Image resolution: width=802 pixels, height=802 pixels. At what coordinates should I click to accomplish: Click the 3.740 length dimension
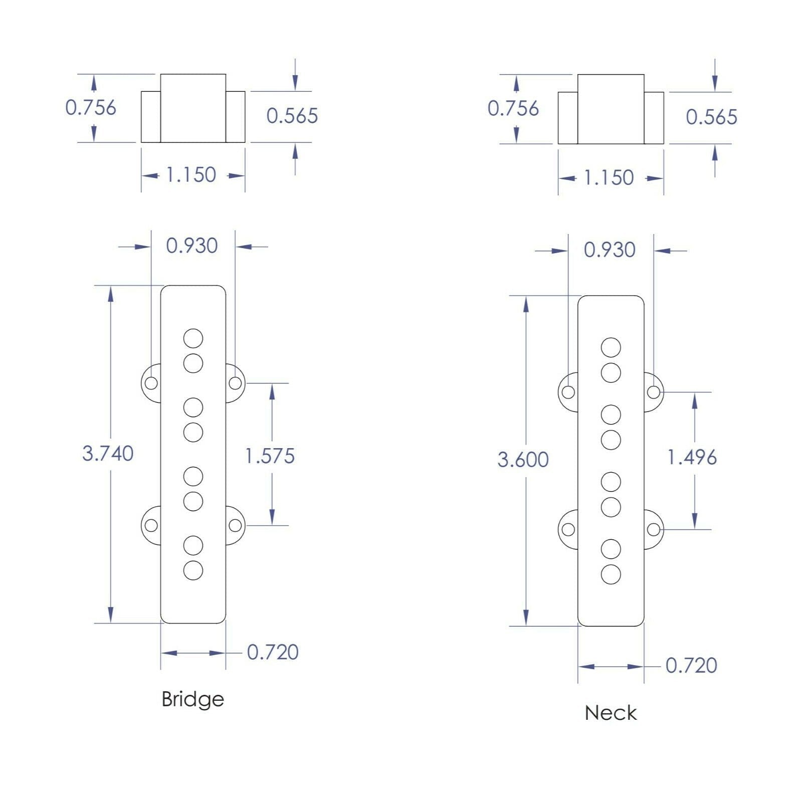click(108, 454)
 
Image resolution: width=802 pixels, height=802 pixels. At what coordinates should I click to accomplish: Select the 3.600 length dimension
click(523, 460)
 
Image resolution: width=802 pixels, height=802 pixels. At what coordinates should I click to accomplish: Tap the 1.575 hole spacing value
click(270, 456)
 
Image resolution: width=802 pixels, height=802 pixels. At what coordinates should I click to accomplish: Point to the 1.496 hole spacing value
click(692, 457)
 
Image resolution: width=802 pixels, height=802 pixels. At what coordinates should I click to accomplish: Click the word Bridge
click(192, 699)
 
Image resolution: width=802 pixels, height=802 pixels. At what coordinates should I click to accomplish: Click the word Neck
click(611, 713)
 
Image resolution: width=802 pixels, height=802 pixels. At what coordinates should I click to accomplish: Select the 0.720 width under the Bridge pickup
click(273, 652)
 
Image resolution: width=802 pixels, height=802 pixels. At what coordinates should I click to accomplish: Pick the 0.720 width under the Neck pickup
click(691, 666)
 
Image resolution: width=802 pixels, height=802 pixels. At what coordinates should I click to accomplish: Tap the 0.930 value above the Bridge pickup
click(192, 246)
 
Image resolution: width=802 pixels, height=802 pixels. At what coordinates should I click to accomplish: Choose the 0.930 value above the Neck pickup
click(610, 250)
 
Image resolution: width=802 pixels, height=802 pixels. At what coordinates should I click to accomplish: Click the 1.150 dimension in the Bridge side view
click(191, 175)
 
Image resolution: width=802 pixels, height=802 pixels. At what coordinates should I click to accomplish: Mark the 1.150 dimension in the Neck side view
click(609, 178)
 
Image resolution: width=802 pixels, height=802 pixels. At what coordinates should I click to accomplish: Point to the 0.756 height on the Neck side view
click(513, 108)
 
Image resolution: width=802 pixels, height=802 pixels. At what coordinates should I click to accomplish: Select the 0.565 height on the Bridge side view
click(292, 116)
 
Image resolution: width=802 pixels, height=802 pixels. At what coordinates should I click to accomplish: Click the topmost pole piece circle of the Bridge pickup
click(193, 338)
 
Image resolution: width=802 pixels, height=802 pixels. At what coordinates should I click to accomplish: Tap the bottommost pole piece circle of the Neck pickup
click(611, 574)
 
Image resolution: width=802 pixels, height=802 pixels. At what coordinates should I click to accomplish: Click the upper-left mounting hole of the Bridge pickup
click(151, 383)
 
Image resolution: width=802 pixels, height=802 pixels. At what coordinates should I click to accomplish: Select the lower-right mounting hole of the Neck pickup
click(653, 529)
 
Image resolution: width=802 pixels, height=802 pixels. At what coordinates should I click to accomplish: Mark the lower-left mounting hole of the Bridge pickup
click(151, 526)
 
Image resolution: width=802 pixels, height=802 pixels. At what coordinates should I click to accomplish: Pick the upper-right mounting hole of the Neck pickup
click(653, 392)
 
